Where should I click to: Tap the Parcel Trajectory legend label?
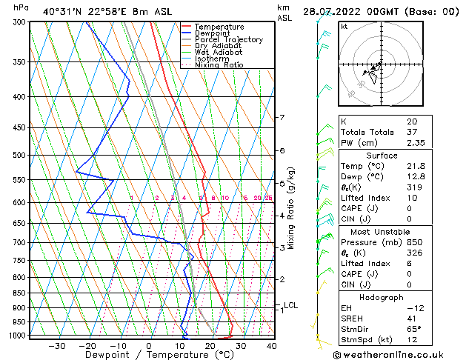[x=228, y=40]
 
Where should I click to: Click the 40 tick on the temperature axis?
[x=271, y=346]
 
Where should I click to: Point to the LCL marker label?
[x=291, y=305]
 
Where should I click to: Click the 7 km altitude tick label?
[x=282, y=118]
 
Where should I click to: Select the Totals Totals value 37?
[x=411, y=133]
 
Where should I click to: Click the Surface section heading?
[x=382, y=156]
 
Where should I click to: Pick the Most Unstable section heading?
[x=382, y=231]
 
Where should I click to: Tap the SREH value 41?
[x=411, y=319]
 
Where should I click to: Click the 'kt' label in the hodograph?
[x=344, y=27]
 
